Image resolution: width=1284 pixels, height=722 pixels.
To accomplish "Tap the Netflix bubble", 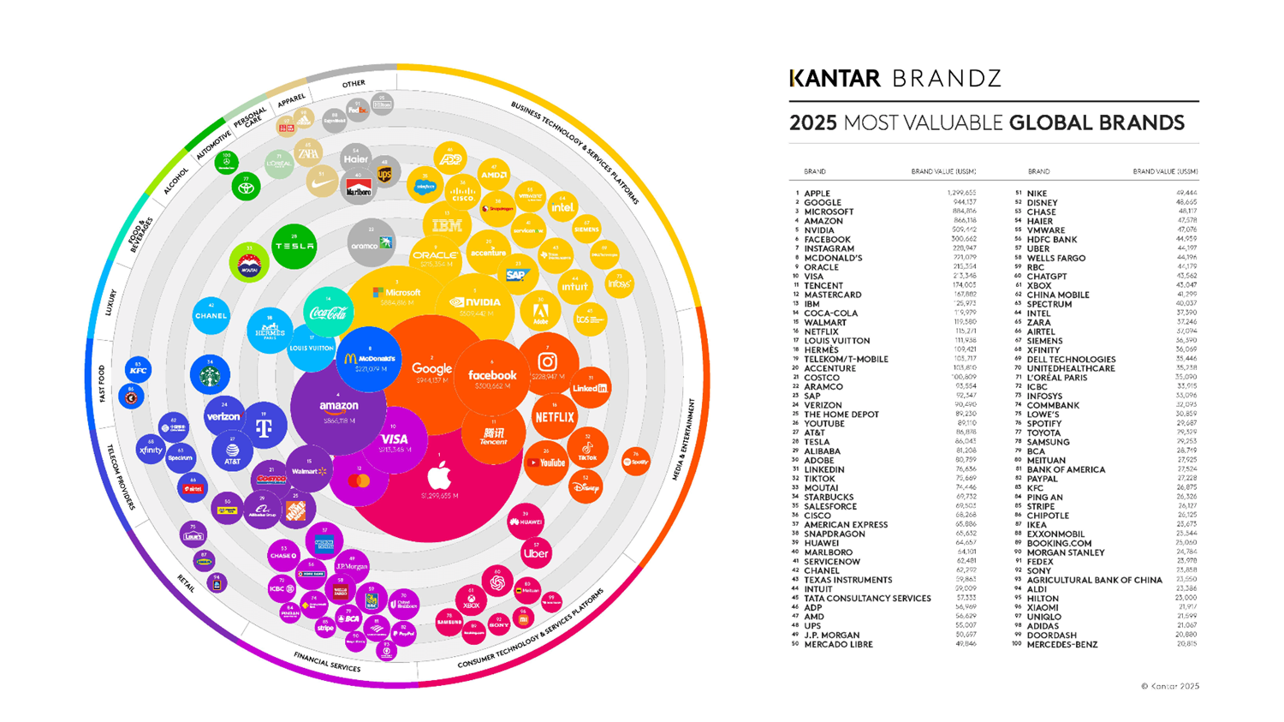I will (x=554, y=417).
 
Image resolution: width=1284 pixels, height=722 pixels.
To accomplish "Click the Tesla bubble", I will (x=294, y=246).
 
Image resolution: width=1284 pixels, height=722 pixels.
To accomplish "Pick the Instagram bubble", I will (x=548, y=364).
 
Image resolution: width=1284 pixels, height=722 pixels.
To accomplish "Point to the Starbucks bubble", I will (x=210, y=374).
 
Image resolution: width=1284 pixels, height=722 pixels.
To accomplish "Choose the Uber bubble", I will (x=536, y=552).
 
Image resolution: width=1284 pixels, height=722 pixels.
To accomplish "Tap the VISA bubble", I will (x=395, y=440).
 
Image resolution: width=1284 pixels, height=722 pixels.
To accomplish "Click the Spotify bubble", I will (x=635, y=462).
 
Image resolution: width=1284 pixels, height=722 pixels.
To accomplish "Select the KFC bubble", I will (x=138, y=370).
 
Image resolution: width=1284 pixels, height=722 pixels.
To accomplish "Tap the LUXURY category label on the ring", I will (x=110, y=302).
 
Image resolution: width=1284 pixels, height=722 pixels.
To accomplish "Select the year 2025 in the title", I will (x=812, y=123).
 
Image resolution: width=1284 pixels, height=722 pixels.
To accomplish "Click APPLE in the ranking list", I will (x=817, y=194).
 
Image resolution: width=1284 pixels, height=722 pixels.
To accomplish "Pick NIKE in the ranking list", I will (x=1037, y=194).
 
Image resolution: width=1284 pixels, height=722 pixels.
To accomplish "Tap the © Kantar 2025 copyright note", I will (x=1169, y=686).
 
